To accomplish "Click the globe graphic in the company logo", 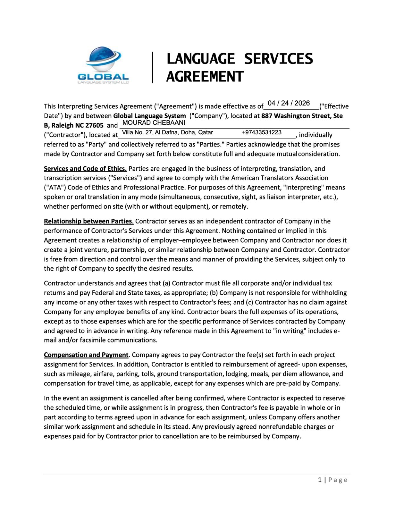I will point(103,59).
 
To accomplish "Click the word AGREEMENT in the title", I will point(205,77).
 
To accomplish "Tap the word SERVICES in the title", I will point(278,59).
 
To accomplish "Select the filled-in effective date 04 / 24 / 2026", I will point(289,103).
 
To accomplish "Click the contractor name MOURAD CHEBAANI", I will point(154,123).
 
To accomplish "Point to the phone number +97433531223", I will point(262,132).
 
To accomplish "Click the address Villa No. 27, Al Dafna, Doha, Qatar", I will point(167,132).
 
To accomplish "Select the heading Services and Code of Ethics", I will point(85,169).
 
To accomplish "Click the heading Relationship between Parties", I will point(88,221).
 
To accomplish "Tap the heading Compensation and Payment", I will point(86,355).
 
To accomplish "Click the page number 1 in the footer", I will point(320,480).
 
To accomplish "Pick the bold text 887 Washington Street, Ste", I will point(302,116).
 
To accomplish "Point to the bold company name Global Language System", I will point(149,116).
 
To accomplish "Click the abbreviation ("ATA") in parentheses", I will point(53,187).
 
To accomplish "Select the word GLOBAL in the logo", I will point(103,77).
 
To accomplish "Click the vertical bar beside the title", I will point(153,68).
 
